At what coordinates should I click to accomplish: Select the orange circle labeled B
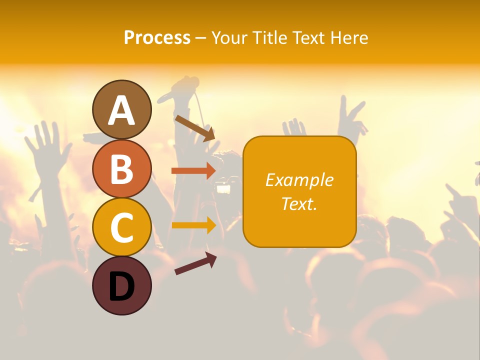tap(121, 169)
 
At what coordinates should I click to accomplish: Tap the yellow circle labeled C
tap(121, 227)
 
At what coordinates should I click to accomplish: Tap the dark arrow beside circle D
tap(195, 263)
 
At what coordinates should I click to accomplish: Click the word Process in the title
tap(157, 37)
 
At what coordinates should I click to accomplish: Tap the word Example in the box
tap(299, 180)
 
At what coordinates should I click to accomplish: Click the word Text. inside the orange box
tap(299, 203)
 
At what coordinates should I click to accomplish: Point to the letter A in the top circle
tap(121, 110)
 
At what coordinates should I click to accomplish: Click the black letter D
tap(121, 287)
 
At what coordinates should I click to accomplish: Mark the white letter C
tap(121, 227)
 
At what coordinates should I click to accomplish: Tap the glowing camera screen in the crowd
tap(223, 189)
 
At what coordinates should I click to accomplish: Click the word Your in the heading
tap(229, 37)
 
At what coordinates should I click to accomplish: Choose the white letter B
tap(121, 169)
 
